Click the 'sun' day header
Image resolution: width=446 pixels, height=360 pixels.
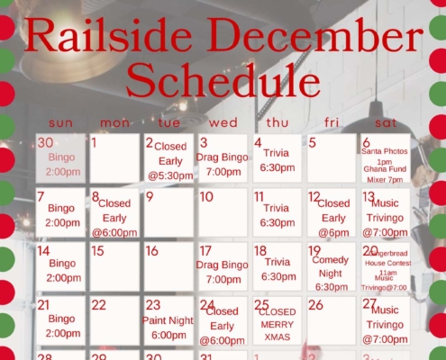click(60, 122)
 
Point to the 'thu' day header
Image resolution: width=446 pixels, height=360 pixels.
click(277, 122)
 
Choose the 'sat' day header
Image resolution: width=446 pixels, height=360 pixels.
click(386, 122)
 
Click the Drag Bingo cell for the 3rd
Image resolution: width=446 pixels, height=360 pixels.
click(223, 158)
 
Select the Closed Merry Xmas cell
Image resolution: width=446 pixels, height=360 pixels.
click(278, 320)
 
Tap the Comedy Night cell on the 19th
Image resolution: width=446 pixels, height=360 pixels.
click(332, 266)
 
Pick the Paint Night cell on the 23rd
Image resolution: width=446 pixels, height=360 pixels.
click(168, 320)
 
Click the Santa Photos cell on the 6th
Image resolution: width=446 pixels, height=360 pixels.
click(386, 158)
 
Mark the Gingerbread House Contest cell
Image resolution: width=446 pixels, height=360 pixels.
click(386, 266)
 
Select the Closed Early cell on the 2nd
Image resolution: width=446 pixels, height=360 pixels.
click(168, 158)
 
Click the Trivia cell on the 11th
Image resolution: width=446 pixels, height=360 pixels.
click(278, 212)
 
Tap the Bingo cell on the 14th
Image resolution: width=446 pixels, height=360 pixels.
click(60, 266)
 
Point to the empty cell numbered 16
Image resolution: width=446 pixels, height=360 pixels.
click(168, 266)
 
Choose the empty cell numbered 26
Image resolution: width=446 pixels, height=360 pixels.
click(332, 320)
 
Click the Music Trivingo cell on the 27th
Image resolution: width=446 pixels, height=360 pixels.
click(386, 320)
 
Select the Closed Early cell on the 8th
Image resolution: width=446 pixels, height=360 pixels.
click(114, 212)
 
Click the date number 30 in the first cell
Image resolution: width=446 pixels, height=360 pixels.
click(45, 142)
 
